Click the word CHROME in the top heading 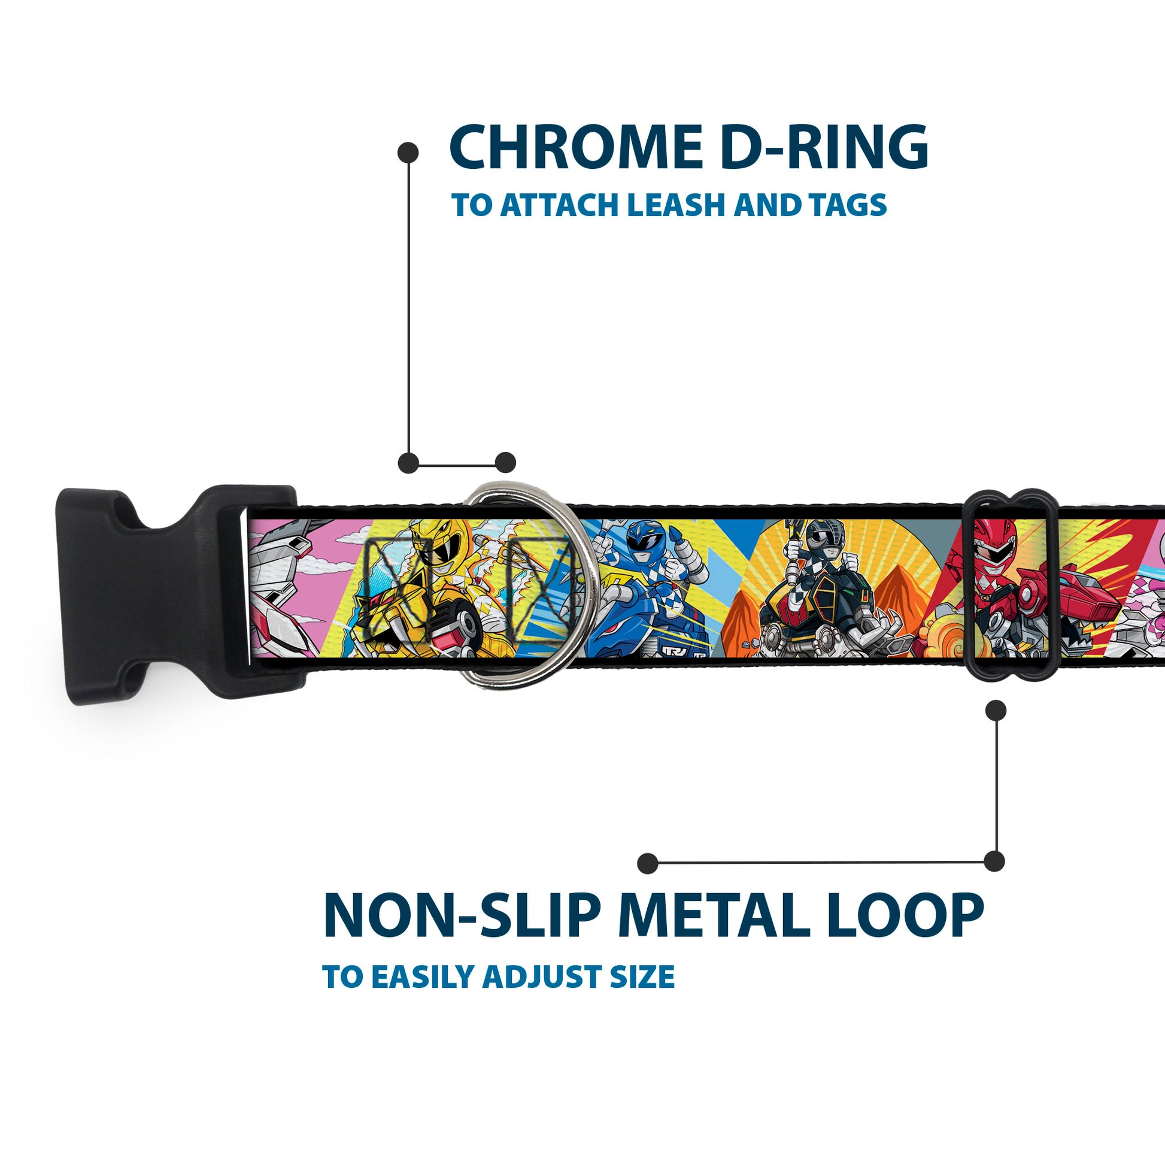576,147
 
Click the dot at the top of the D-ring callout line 408,153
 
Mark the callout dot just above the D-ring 505,463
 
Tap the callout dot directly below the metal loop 996,711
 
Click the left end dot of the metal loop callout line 648,863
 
